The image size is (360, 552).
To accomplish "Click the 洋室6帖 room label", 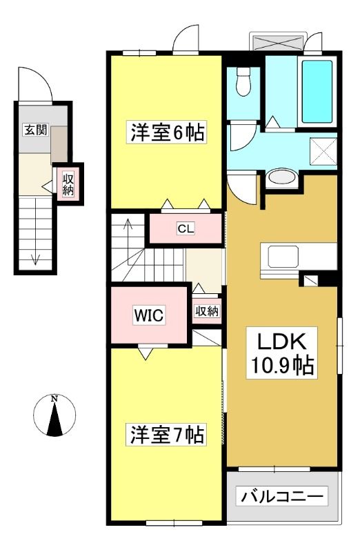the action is coord(167,132).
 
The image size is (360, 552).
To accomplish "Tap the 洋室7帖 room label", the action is coord(167,435).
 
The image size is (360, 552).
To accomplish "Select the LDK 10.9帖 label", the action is coord(282,353).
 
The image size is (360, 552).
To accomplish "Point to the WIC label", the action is coord(149,315).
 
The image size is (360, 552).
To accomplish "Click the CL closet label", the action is coord(186,229).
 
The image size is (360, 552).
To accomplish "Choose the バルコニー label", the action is coord(282,496).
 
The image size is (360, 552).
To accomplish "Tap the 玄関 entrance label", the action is coord(35,130).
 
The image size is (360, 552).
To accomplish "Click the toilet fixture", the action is coord(243,81).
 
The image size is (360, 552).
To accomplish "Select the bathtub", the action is coord(317,92).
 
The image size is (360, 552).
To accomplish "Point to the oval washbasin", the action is coord(281,178).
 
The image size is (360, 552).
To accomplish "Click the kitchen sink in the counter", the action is coord(283,256).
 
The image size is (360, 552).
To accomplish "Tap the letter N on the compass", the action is coord(54,399).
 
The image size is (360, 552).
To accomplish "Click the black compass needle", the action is coord(55,420).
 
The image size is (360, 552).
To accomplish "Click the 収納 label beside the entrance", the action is coord(68,184).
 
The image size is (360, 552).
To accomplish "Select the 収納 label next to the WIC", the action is coord(207,311).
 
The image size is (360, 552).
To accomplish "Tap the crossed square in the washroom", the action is coord(323,151).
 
